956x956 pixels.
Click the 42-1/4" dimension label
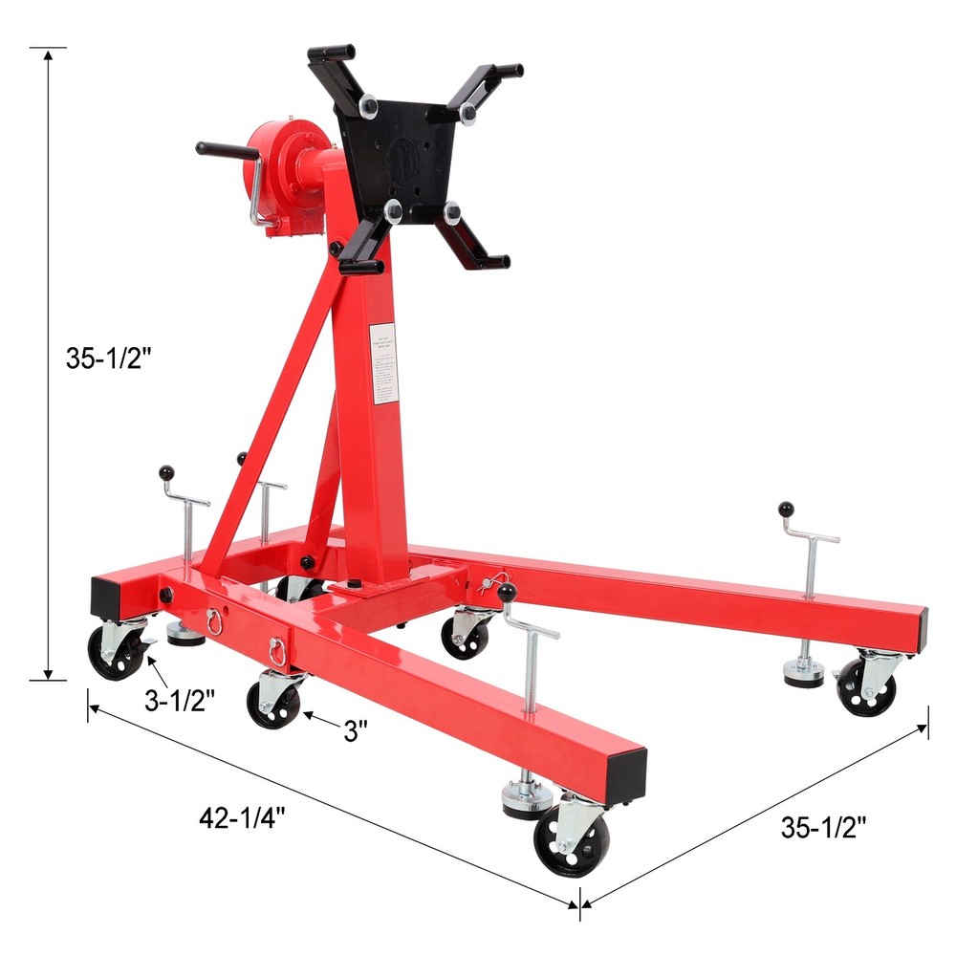[x=243, y=818]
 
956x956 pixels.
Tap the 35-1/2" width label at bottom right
[x=824, y=828]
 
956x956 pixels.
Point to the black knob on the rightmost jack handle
[x=787, y=509]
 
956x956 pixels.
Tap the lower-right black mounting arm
[x=475, y=236]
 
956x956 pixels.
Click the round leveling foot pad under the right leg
[x=804, y=675]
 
